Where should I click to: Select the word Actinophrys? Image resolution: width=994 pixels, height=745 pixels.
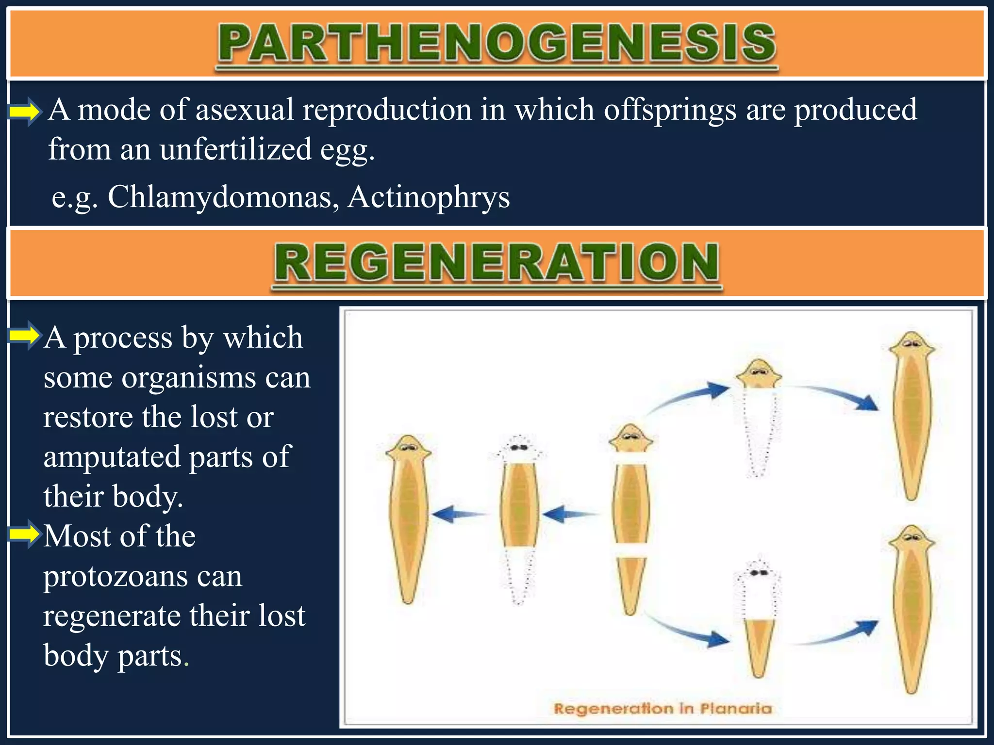coord(429,197)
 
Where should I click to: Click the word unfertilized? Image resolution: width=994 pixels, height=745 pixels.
coord(236,149)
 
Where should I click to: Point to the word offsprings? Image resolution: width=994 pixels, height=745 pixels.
coord(670,110)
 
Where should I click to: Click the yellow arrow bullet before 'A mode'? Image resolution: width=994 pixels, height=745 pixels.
coord(24,112)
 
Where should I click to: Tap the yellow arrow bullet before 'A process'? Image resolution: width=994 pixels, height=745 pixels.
coord(24,335)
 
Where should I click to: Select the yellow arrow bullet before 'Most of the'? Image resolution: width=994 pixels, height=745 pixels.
coord(24,534)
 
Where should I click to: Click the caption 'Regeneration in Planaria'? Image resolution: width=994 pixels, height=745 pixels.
coord(663,709)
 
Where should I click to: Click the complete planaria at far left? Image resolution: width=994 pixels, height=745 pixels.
coord(408,519)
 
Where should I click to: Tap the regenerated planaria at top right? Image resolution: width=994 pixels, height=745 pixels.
coord(912,417)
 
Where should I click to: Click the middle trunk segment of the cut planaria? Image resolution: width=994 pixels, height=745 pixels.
coord(630,504)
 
